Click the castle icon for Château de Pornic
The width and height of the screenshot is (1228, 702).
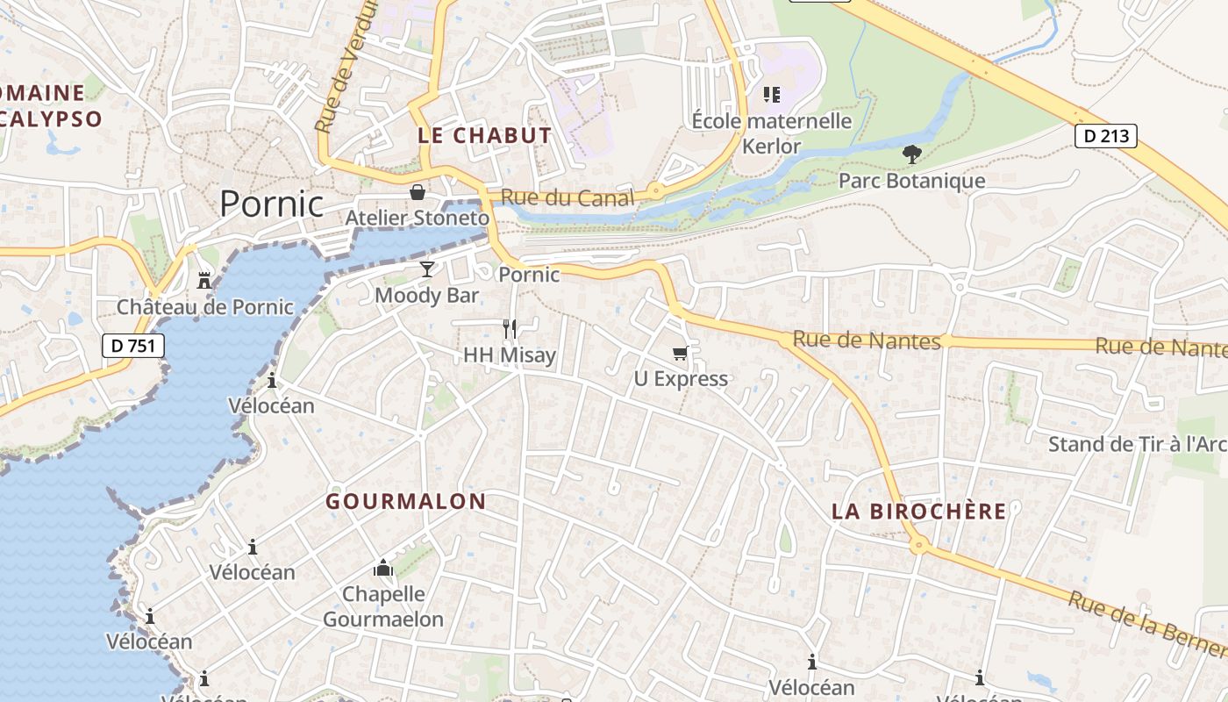204,281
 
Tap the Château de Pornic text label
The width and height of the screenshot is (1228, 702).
205,307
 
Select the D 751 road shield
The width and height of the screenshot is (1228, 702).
133,346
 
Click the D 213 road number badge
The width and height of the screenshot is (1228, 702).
1105,136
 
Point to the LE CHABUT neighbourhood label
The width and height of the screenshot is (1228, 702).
485,136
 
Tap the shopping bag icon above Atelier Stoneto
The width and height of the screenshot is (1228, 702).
418,192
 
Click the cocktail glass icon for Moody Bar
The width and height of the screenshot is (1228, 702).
427,269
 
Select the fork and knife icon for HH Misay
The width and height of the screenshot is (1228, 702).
510,329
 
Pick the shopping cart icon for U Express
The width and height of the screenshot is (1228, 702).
681,354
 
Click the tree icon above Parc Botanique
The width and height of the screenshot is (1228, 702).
912,155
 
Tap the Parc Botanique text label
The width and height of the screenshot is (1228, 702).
912,181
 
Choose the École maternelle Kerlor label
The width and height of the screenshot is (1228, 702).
772,133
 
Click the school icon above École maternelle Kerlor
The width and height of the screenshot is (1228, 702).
772,94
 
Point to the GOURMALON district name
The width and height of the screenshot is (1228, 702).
405,502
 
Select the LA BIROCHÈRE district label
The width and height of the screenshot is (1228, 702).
918,512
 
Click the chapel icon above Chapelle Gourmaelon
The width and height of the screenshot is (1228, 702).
382,569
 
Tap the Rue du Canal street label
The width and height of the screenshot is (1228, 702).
567,198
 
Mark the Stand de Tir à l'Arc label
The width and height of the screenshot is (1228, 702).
1137,444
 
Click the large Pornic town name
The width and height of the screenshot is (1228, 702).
271,204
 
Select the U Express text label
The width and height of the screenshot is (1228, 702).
681,379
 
